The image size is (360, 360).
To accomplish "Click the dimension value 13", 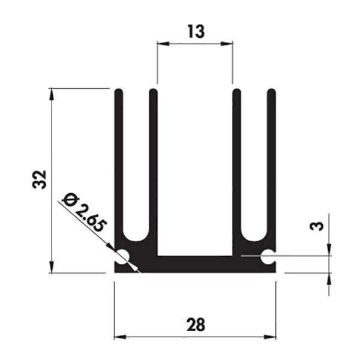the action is coord(196,31).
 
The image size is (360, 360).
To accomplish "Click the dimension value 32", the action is coord(39,179).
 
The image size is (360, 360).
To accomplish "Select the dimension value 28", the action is coord(196,325).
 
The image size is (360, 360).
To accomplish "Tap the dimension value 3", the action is coord(317,226).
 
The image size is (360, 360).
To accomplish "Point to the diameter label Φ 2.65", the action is coord(85,212).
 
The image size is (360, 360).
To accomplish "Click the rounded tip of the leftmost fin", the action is coord(119,91).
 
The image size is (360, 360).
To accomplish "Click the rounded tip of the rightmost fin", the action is coord(272,91).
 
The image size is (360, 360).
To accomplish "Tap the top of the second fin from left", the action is coord(153,91).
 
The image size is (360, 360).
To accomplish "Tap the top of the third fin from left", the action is coord(237,91).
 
